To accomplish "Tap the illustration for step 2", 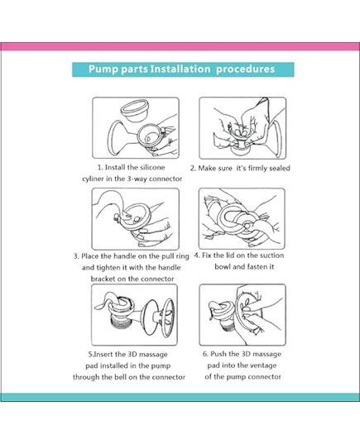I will (x=242, y=127).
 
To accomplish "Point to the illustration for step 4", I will (x=242, y=218).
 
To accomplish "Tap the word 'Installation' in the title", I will (x=175, y=69).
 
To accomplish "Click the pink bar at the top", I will (x=180, y=47).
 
